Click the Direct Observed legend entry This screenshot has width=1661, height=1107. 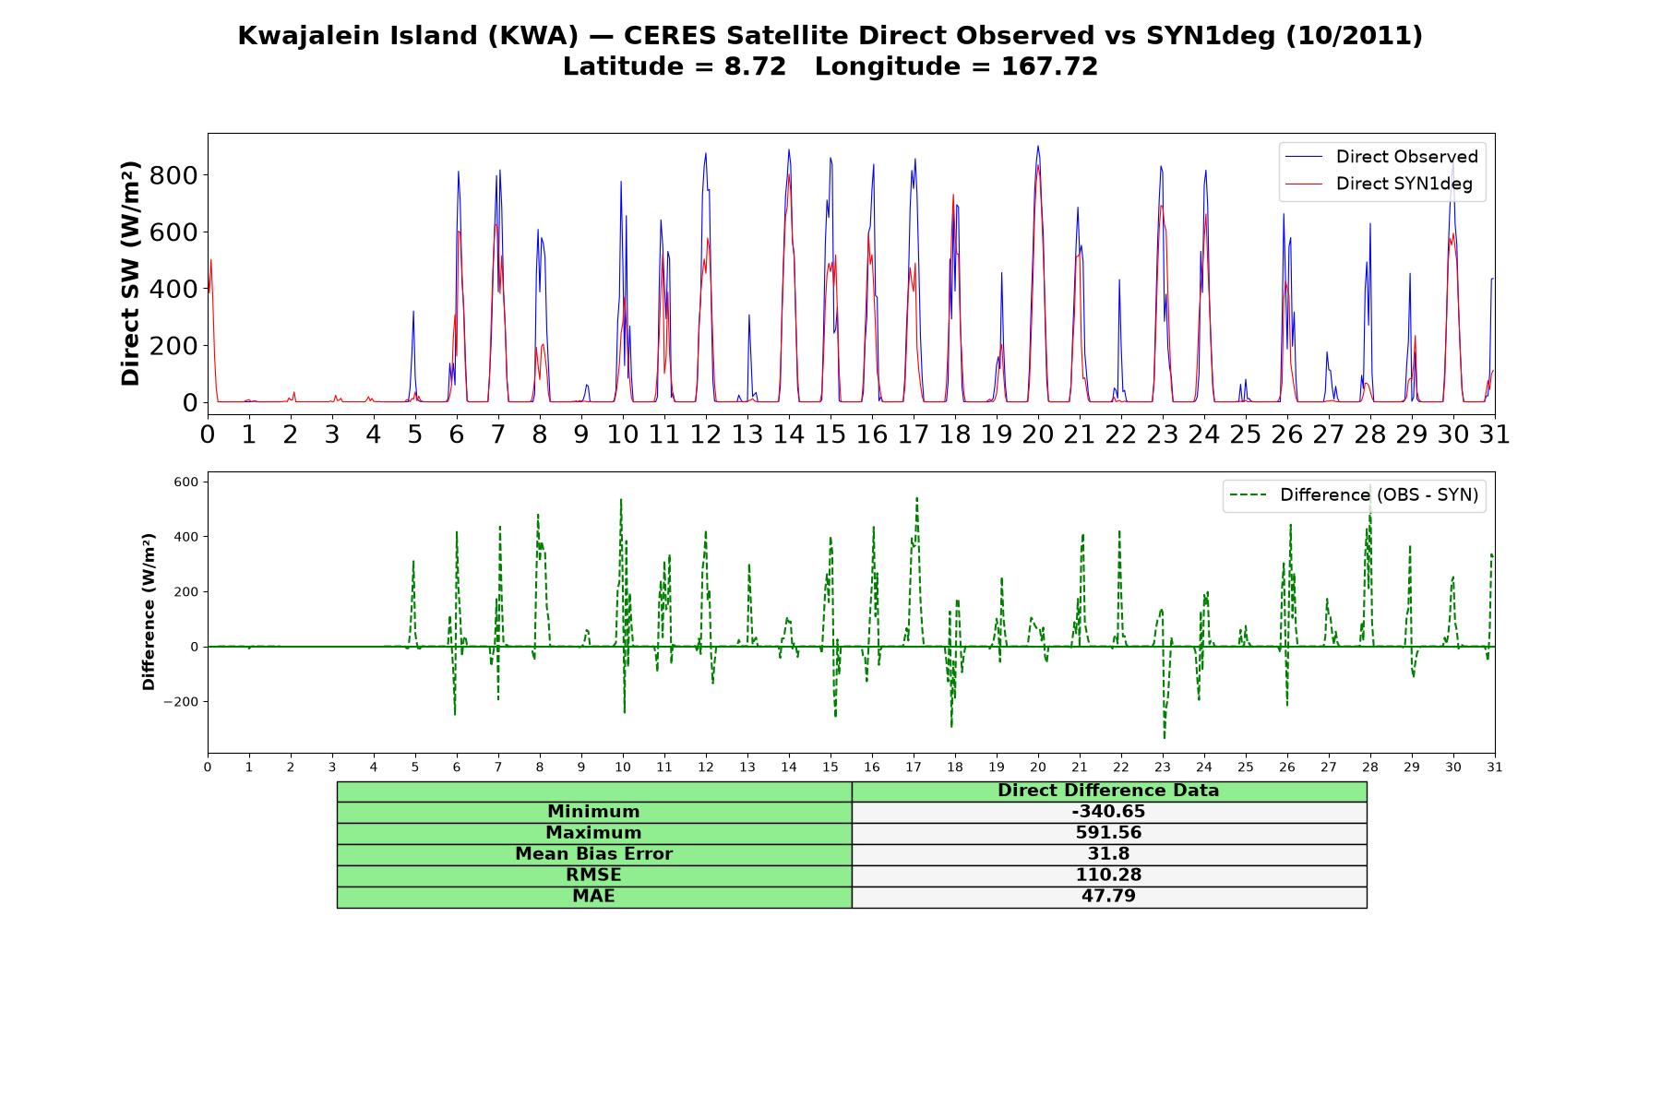[x=1381, y=157]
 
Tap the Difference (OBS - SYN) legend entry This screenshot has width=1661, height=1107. [x=1354, y=495]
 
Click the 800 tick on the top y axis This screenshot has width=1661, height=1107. [x=173, y=175]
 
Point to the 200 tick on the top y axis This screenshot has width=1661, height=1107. [x=173, y=346]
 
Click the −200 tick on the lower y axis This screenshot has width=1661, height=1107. [x=181, y=702]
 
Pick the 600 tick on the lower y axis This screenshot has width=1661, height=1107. [x=186, y=482]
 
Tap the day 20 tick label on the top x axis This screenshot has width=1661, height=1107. [x=1038, y=434]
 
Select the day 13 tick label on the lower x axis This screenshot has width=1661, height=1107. [x=747, y=767]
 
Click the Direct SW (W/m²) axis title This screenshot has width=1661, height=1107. [x=131, y=273]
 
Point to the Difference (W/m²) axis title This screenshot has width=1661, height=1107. [x=149, y=612]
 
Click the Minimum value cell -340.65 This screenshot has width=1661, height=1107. [x=1108, y=812]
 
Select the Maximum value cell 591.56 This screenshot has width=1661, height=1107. [x=1108, y=833]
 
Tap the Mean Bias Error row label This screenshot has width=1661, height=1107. [x=593, y=854]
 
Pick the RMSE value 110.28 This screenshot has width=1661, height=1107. [x=1108, y=875]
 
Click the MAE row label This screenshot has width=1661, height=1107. [x=593, y=897]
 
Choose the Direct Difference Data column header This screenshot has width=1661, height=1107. [x=1108, y=791]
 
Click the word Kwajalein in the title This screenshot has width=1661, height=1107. [x=296, y=36]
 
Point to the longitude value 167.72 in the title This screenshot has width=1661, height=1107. [x=1049, y=66]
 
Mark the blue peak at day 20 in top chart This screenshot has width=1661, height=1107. [x=1038, y=146]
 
